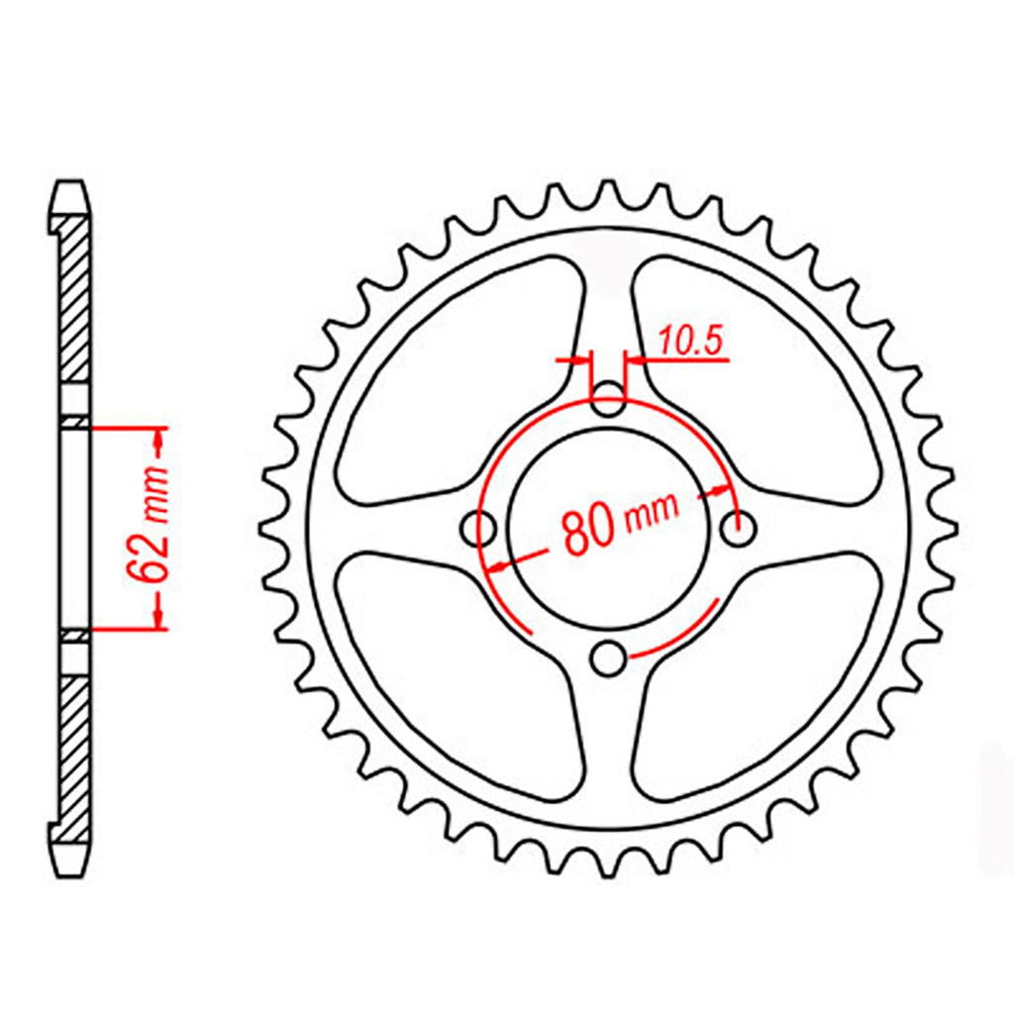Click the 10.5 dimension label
pyautogui.click(x=690, y=342)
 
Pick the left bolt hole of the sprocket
pyautogui.click(x=478, y=529)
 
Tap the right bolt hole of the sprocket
pyautogui.click(x=739, y=529)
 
